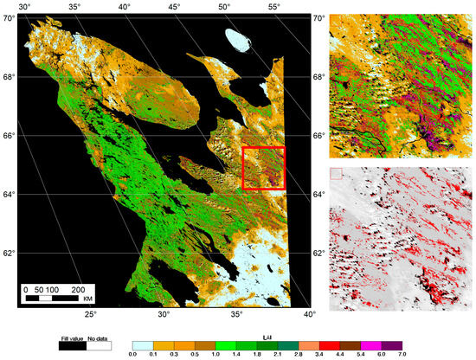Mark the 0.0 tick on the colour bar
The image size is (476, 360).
pos(132,353)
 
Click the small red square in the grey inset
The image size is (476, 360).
pos(337,174)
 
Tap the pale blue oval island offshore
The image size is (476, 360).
pos(235,39)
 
